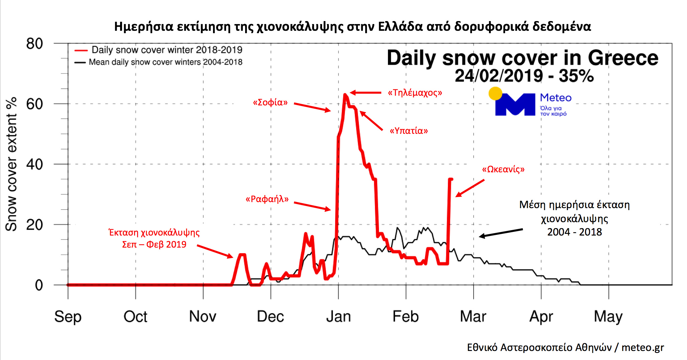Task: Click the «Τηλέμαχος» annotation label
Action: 415,93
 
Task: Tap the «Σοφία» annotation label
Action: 270,102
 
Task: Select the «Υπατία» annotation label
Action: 409,131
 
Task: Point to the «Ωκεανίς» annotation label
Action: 503,169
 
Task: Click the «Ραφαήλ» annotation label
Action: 267,199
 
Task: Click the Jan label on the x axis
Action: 338,317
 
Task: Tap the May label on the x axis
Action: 608,317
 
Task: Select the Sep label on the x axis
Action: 68,317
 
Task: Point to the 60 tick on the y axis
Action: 34,104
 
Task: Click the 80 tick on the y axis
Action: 34,44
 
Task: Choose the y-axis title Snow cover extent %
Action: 11,164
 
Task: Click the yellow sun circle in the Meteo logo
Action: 495,93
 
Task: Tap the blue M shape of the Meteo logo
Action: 515,105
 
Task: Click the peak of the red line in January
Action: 345,95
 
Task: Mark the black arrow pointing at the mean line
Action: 501,233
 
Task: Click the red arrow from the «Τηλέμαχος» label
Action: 365,93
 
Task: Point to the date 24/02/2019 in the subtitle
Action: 499,76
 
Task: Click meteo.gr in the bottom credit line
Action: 643,348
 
